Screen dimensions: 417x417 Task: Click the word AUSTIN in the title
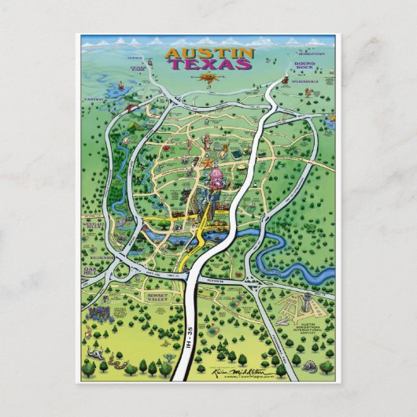(209, 54)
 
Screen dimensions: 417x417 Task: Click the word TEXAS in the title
(209, 65)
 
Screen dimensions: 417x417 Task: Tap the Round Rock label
(304, 68)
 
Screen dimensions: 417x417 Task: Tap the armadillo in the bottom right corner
(324, 367)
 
